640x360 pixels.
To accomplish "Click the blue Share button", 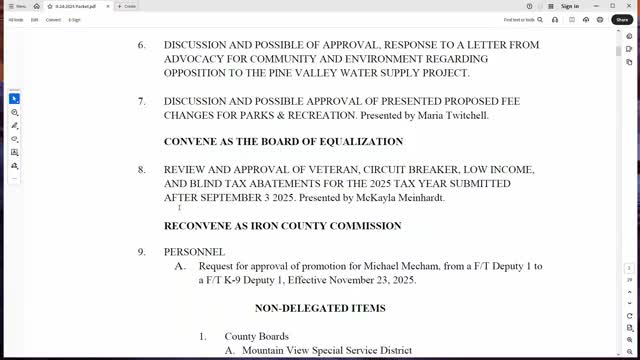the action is coord(622,19).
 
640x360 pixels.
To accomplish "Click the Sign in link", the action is coord(570,6).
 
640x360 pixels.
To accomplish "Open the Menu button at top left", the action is coord(16,6).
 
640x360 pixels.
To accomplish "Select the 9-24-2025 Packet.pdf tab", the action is coord(76,6).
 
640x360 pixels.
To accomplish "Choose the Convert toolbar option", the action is coord(53,19).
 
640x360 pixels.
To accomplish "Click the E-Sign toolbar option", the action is coord(74,19).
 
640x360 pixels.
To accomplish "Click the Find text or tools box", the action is coord(521,19).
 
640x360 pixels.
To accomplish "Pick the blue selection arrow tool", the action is coord(14,98).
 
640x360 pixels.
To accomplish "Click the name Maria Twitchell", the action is coord(451,116).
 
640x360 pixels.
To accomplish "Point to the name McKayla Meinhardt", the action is coord(399,198).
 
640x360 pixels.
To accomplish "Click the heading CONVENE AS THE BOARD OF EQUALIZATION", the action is coord(283,142).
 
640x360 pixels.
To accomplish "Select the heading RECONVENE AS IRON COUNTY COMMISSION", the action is coord(282,226).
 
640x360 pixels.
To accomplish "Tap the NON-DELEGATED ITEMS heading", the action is coord(320,308).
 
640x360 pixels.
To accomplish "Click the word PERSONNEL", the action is coord(194,252).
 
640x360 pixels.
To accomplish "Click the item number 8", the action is coord(142,170).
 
